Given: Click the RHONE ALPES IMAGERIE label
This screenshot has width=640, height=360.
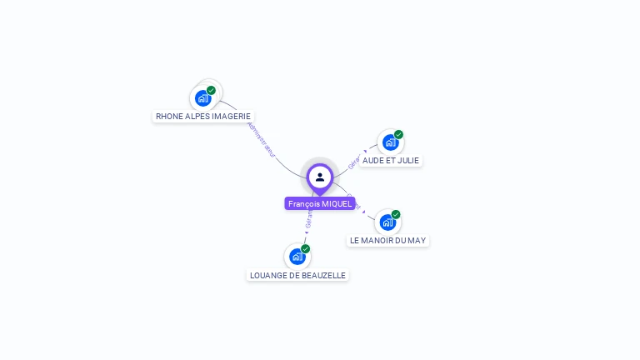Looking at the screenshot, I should pos(202,117).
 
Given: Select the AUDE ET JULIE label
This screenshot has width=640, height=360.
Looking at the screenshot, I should pos(391,160).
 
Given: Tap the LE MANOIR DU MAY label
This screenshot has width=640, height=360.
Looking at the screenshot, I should pos(387,240).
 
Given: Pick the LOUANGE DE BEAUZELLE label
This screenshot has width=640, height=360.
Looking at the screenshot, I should pos(297,275).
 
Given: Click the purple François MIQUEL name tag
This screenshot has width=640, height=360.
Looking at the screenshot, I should pos(320,203).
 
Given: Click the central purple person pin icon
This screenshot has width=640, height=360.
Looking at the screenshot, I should pos(320,177).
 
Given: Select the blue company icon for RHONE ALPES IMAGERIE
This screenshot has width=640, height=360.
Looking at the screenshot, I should pos(202,98).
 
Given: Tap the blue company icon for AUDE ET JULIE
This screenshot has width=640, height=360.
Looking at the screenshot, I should pos(390,142).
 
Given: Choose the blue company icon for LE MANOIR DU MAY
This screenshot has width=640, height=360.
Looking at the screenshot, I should pos(387,222).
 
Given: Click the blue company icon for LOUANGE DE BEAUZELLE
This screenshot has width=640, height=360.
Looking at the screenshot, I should pos(297,257).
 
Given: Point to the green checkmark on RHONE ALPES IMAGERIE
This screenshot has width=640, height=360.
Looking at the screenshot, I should pos(212,90).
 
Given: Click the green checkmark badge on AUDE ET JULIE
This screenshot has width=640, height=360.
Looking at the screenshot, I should pos(399,134).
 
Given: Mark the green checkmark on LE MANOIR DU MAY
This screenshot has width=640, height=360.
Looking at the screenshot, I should pos(397,214).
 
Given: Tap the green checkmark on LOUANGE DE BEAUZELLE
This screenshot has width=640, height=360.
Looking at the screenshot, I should pos(306,248).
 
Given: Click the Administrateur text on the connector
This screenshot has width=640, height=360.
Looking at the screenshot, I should pos(262,140).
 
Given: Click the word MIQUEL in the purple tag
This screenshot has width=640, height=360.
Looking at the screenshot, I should pos(337,203).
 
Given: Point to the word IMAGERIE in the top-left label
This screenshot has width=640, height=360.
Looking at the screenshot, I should pos(231,117).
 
